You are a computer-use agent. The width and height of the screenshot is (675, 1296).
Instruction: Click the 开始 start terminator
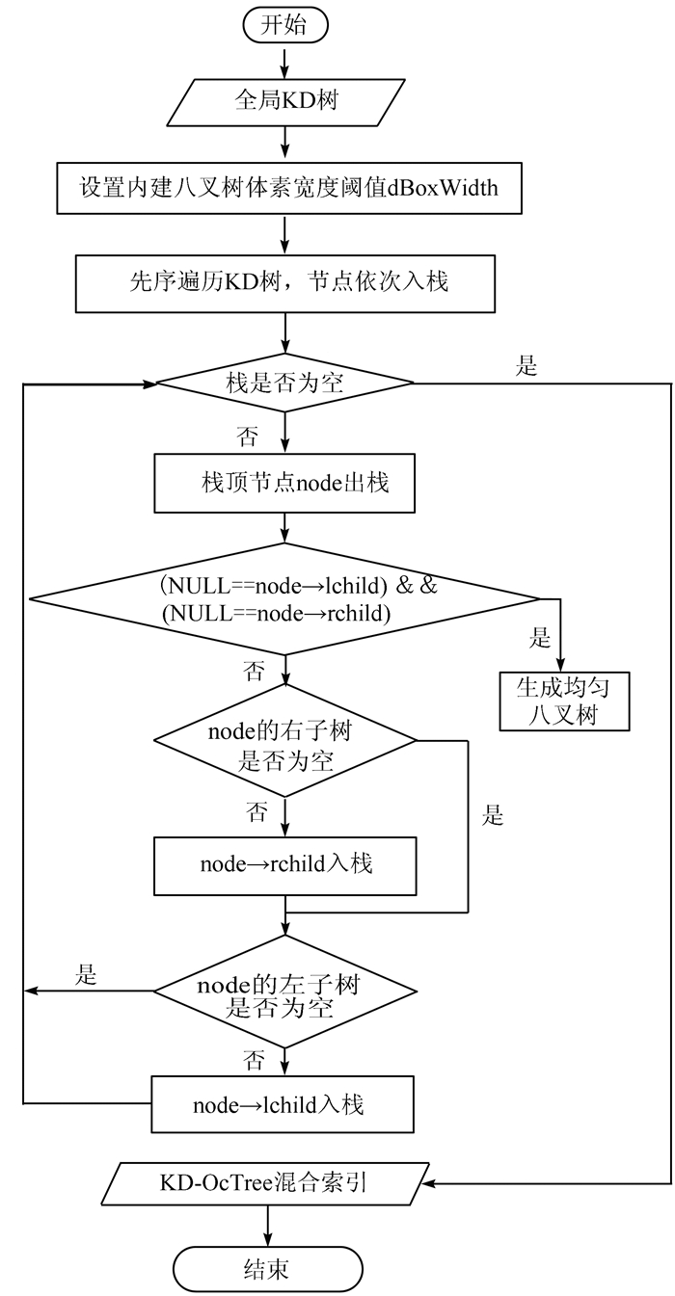click(285, 25)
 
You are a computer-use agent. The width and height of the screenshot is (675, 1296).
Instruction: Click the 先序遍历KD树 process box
click(285, 283)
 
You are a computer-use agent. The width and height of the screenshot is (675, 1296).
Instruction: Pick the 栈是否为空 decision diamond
click(285, 384)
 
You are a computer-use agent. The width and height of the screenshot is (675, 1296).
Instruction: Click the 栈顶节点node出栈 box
click(285, 484)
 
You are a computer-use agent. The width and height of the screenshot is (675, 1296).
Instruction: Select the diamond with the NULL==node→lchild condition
click(285, 599)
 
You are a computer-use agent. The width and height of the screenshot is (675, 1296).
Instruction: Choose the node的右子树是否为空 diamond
click(285, 742)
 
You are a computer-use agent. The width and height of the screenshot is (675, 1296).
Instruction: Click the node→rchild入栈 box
click(285, 864)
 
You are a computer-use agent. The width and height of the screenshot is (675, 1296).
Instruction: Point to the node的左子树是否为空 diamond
click(285, 991)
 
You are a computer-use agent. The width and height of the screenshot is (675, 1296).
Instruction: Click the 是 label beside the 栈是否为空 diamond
click(527, 366)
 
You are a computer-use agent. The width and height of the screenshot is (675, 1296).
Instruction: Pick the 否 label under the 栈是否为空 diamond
click(248, 437)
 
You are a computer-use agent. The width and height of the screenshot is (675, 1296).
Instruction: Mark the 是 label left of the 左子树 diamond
click(87, 975)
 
